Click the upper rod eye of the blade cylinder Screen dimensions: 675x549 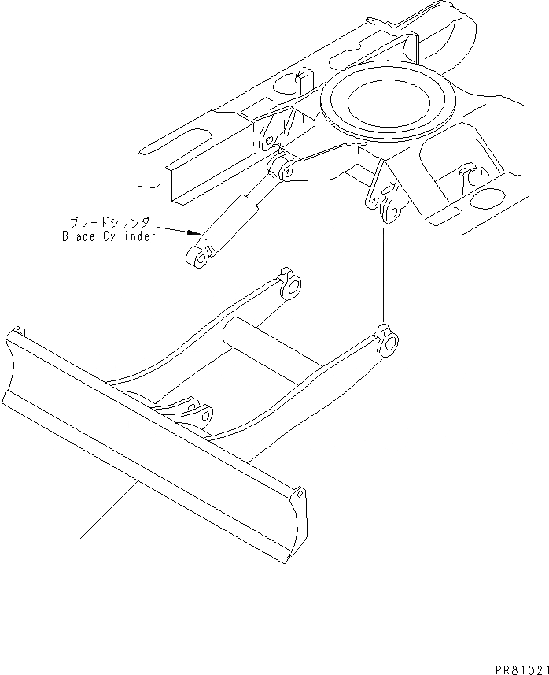[282, 169]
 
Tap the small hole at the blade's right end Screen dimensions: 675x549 [300, 495]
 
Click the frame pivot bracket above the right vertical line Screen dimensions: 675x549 [385, 201]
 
